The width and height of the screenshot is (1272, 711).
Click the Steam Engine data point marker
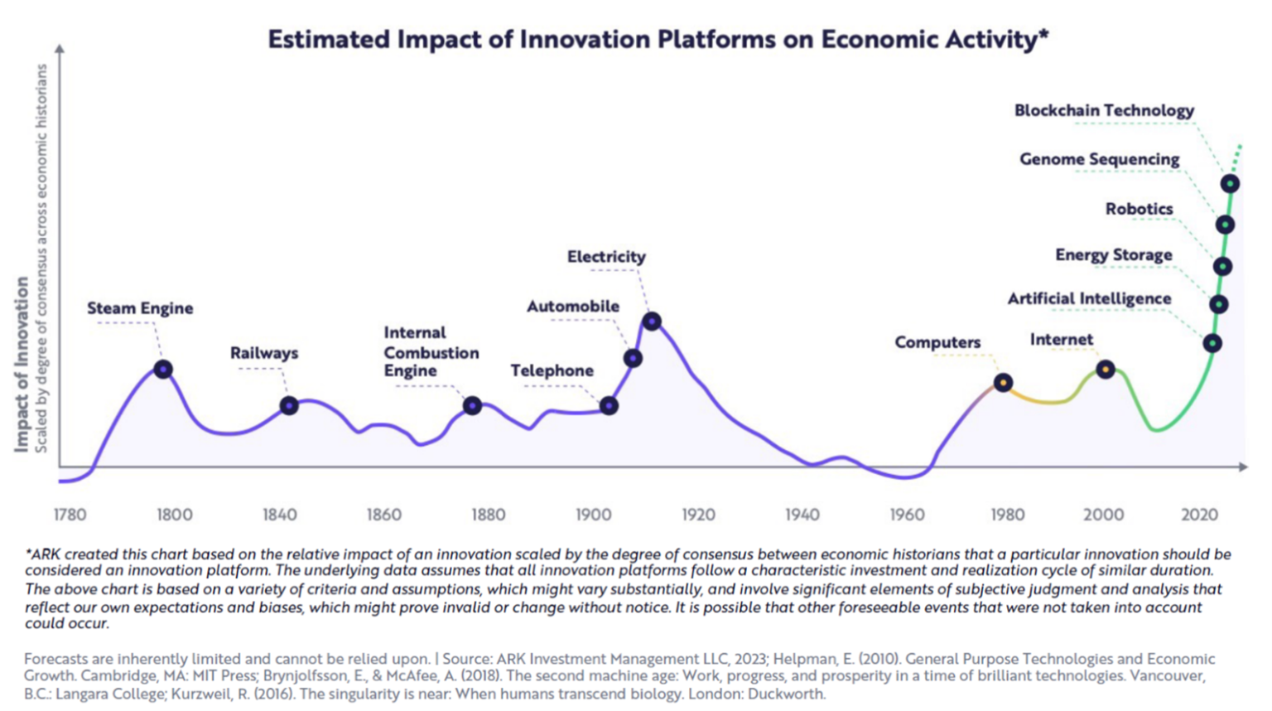pos(163,370)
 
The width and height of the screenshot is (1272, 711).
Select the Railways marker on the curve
pos(288,406)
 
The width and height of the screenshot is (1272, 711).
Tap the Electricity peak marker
pos(652,322)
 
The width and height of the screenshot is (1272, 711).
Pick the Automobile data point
pos(633,358)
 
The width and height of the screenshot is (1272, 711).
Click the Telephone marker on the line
pos(609,406)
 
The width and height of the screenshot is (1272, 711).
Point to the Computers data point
pos(1003,383)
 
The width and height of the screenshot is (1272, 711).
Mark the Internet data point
pos(1106,370)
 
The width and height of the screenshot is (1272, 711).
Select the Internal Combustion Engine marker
pos(472,406)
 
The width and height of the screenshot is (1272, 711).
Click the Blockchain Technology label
pos(1104,110)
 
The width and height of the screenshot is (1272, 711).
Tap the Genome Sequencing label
pos(1099,159)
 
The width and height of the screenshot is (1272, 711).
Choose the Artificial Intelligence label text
pos(1089,298)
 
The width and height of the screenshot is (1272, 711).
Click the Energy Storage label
pos(1113,254)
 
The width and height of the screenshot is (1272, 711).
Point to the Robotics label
pos(1139,209)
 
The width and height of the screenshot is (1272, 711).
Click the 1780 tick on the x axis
pos(70,515)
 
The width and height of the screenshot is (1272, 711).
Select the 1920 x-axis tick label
pos(698,515)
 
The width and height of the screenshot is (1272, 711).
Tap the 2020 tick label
pos(1198,515)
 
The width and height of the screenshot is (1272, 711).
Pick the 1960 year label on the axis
pos(907,515)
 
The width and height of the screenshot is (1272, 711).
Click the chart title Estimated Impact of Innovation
pos(658,39)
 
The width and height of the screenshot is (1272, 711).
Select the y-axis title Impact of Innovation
pos(22,365)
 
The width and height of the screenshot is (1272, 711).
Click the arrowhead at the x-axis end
pos(1242,467)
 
